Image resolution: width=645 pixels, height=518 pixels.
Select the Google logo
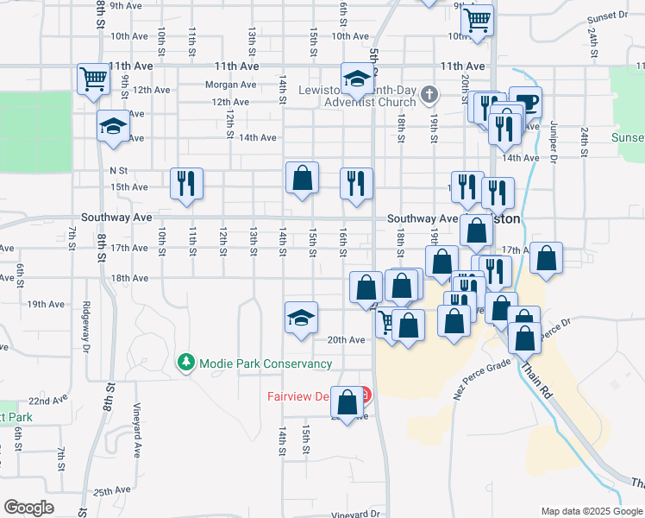click(x=28, y=508)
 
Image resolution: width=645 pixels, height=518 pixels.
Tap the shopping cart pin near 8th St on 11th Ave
click(x=93, y=79)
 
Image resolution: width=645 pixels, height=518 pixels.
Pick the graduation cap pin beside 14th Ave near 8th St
click(x=112, y=127)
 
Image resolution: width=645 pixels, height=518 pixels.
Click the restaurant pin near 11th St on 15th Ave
click(x=187, y=184)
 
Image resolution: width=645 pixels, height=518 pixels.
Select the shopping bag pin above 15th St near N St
click(x=302, y=179)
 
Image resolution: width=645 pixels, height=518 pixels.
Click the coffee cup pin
click(x=525, y=101)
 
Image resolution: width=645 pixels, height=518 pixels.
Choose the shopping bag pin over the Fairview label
click(x=348, y=404)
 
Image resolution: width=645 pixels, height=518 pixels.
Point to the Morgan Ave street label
click(x=230, y=85)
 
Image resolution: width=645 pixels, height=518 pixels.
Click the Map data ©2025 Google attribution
click(x=592, y=510)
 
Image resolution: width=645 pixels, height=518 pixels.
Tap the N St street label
click(x=118, y=171)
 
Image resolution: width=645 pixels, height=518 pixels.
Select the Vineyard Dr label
click(x=356, y=514)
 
